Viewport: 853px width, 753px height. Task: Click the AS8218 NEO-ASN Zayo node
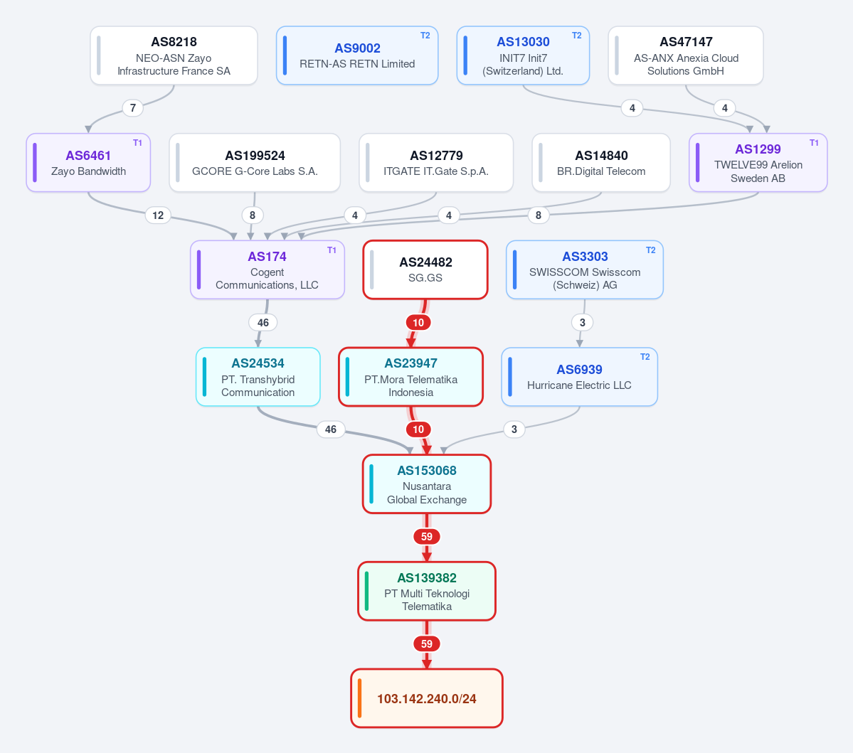[174, 55]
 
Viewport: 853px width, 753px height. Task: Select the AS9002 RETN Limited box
[357, 55]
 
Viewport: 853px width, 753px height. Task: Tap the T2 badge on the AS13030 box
[577, 36]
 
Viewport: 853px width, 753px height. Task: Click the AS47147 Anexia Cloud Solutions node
[685, 55]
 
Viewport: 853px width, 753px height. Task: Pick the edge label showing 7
[133, 107]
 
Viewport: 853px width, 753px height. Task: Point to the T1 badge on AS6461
[137, 142]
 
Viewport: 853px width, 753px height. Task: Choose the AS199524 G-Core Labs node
[255, 163]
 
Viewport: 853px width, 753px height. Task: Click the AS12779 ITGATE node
[436, 163]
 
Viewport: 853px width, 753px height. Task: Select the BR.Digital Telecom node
[601, 163]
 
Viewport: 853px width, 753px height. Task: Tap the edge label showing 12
[158, 215]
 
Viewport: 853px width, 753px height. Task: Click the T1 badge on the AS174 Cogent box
[332, 250]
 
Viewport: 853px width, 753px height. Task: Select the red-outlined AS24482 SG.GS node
[425, 269]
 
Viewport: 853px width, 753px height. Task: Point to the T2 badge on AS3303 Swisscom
[651, 250]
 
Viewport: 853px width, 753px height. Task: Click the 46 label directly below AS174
[263, 322]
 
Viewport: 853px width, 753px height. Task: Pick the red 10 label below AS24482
[418, 322]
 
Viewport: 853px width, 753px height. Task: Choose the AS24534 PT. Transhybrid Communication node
[258, 377]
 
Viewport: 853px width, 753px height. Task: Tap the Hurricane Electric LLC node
[579, 377]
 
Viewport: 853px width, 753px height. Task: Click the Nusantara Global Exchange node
[427, 484]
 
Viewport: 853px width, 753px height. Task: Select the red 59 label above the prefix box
[427, 643]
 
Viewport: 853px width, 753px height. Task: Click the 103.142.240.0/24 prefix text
[427, 699]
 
